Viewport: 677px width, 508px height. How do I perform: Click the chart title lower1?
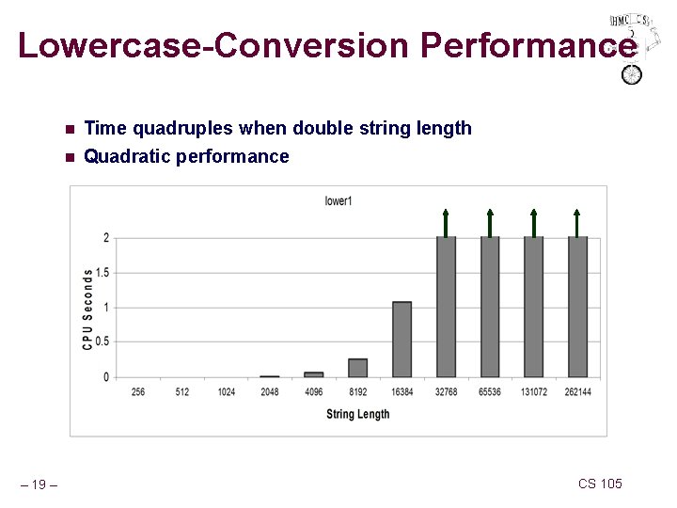point(338,200)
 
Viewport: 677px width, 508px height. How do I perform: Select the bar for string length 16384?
point(401,339)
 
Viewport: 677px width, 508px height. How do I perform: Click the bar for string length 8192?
point(357,367)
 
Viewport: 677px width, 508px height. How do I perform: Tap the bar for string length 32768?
point(446,306)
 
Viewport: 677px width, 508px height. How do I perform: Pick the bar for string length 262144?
point(577,306)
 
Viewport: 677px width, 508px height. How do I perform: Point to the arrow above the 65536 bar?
point(490,221)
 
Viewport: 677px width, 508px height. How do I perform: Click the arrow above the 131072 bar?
point(533,221)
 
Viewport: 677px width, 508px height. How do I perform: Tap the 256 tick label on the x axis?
point(138,391)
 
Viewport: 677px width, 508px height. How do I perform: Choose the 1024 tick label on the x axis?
point(226,391)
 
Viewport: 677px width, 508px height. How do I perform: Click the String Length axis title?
point(357,414)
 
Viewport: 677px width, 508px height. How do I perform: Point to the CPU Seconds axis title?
point(87,309)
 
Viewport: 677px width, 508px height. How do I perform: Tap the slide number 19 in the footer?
point(38,484)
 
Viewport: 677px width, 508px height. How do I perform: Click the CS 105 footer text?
point(600,484)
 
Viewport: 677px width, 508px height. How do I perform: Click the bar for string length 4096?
point(314,373)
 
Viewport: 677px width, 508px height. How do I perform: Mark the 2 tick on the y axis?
point(104,238)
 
